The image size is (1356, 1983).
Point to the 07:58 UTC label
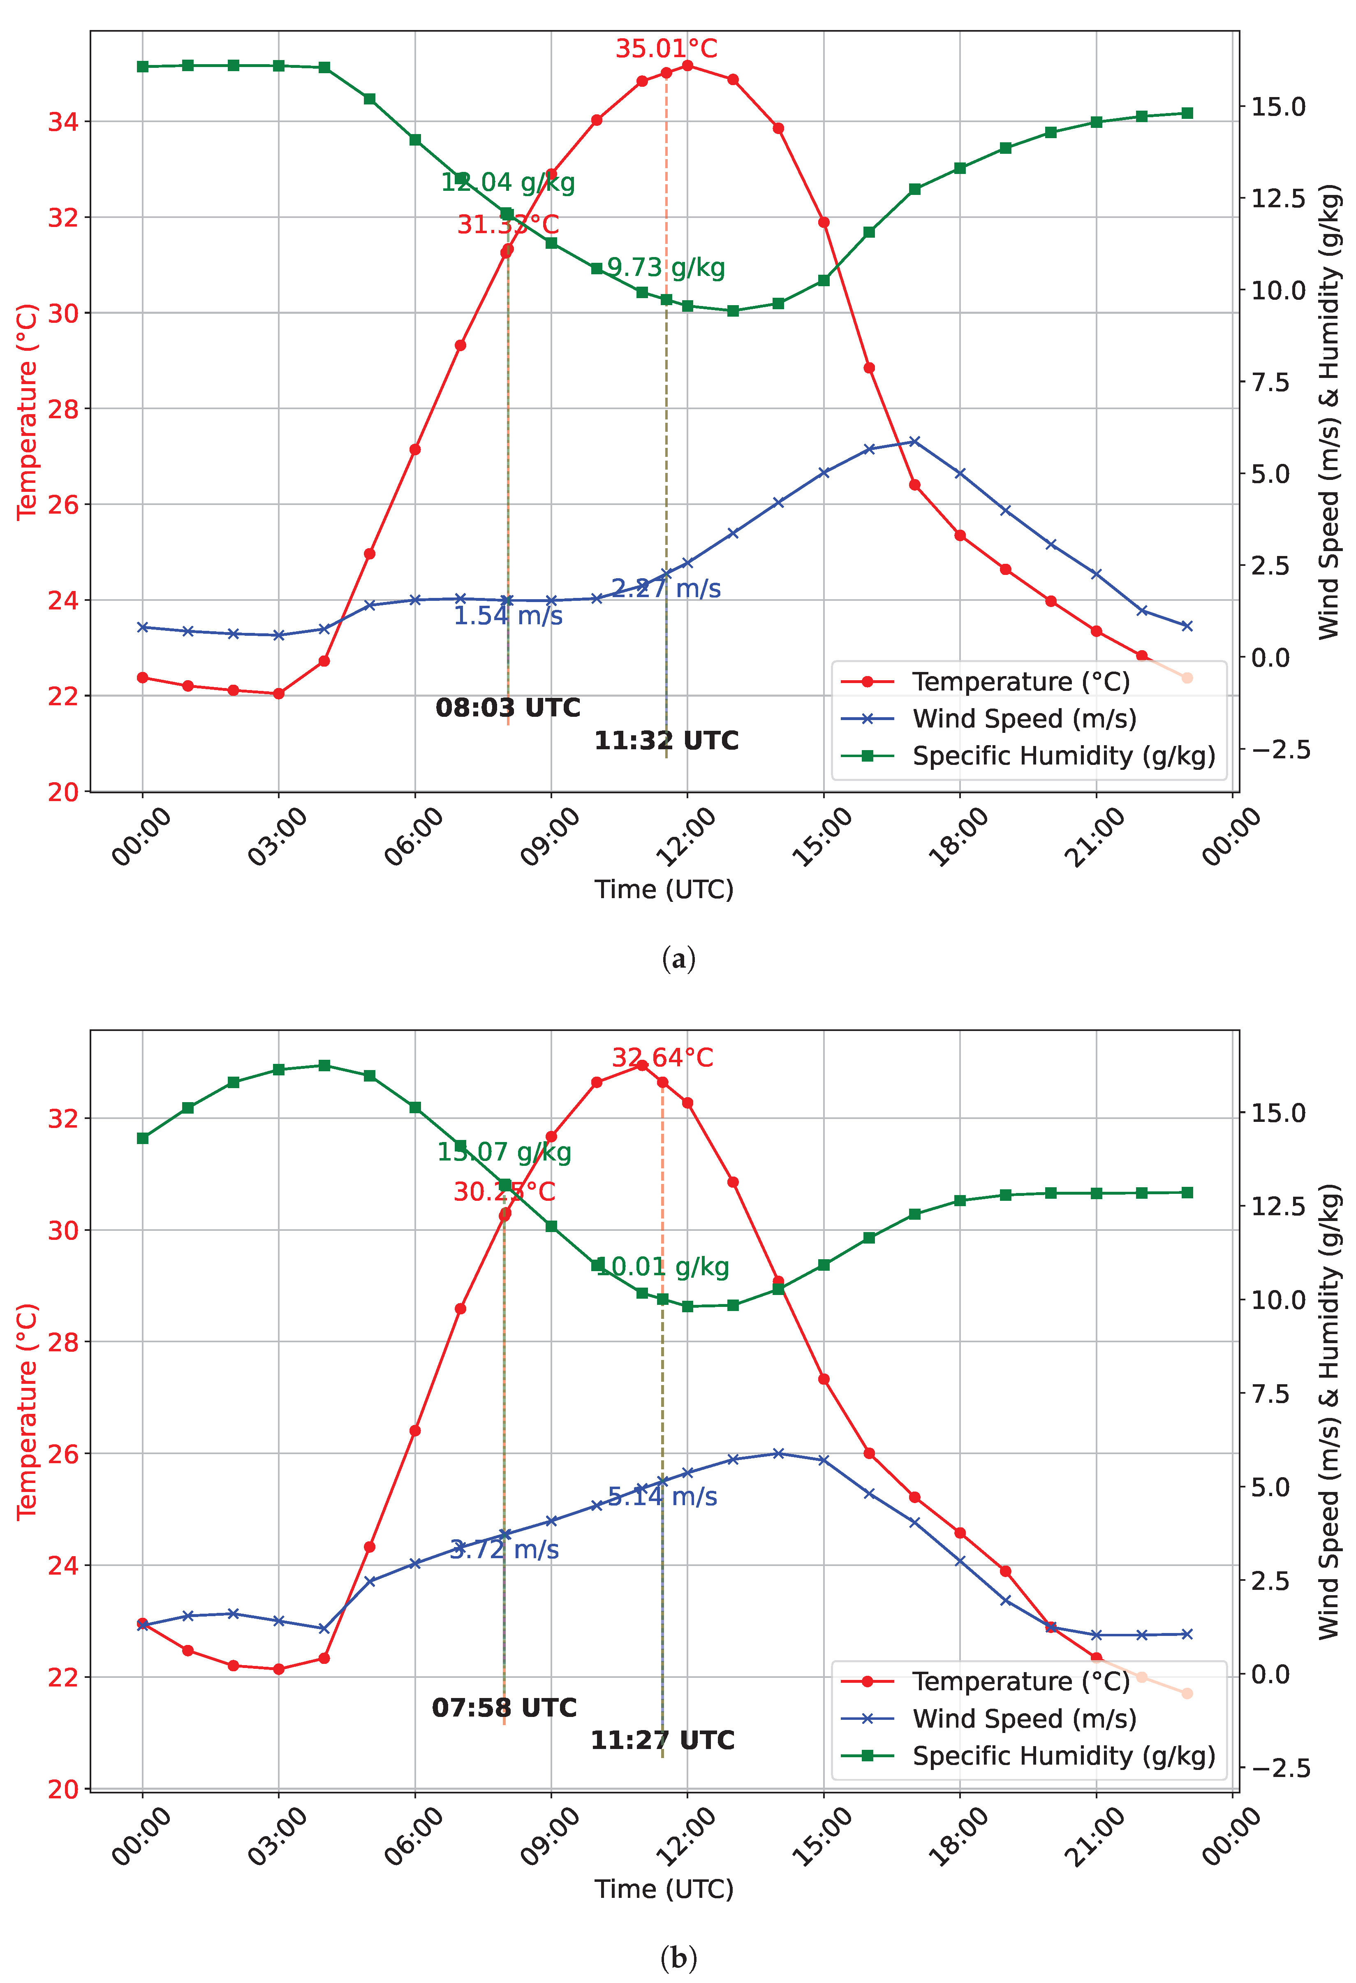(504, 1707)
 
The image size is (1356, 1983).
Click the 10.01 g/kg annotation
(663, 1266)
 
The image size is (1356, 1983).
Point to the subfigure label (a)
(678, 959)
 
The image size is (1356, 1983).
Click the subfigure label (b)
(678, 1958)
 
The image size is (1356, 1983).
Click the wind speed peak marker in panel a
(914, 441)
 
